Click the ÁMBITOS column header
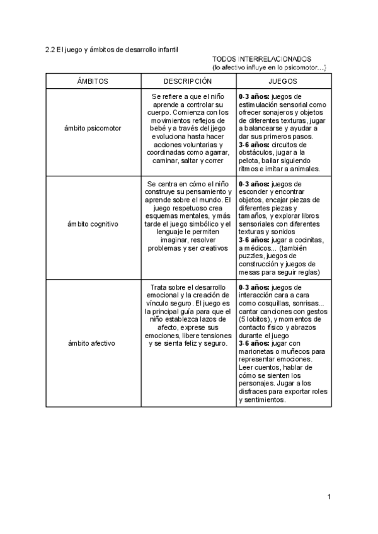tap(93, 81)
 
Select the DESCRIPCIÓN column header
tap(187, 81)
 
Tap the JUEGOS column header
tap(283, 81)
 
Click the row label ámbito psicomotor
tap(93, 128)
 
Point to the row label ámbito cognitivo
tap(93, 224)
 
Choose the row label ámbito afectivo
tap(93, 343)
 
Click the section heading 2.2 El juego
tap(112, 49)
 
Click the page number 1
tap(329, 497)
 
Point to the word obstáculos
tap(257, 152)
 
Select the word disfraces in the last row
tap(255, 392)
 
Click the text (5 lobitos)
tap(257, 319)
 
